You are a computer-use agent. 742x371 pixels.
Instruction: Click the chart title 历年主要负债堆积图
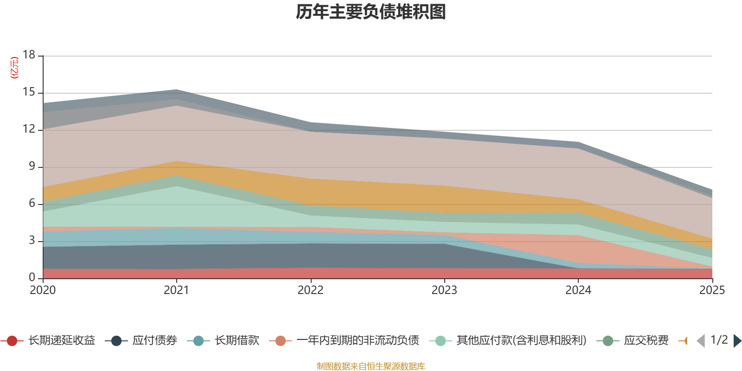pos(371,12)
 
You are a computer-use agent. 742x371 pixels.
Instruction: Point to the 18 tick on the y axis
pos(29,55)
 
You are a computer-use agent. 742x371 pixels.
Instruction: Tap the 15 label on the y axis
pos(29,92)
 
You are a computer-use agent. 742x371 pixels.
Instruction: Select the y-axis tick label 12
pos(29,129)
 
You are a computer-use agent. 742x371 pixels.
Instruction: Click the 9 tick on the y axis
pos(32,166)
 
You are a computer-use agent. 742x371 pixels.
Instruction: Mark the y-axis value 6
pos(32,203)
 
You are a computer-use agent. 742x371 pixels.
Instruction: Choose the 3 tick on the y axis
pos(32,240)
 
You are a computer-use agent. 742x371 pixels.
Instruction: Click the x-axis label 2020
pos(43,290)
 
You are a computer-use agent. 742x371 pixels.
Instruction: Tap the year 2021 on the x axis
pos(176,290)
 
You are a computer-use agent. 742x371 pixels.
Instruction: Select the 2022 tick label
pos(310,290)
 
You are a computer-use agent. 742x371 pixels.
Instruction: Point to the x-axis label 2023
pos(444,290)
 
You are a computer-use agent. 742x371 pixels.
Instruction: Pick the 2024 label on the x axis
pos(578,290)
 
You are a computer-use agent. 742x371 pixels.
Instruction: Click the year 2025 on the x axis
pos(711,290)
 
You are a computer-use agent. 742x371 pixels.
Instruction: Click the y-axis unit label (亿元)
pos(15,68)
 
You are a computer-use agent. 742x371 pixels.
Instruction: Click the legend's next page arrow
pos(737,341)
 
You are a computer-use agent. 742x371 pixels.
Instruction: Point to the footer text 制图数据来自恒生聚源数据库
pos(371,366)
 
